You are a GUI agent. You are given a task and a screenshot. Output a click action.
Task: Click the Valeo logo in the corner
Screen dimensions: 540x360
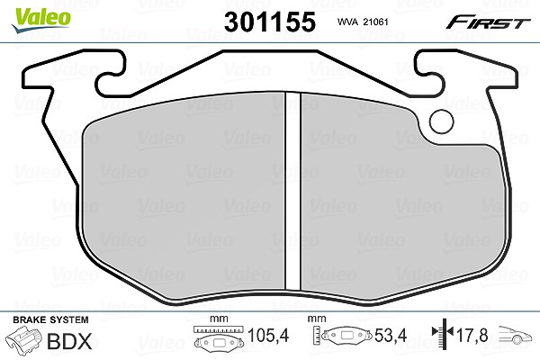click(41, 20)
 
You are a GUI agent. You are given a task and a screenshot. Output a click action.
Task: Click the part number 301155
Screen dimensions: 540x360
click(270, 22)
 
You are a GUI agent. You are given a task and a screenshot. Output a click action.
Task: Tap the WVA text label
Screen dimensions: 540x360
click(348, 22)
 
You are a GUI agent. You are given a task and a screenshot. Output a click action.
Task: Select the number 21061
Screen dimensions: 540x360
click(376, 22)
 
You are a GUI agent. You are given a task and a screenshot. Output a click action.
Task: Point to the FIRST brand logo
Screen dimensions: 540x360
click(489, 22)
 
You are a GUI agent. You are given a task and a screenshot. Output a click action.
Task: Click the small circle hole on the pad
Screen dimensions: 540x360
click(442, 121)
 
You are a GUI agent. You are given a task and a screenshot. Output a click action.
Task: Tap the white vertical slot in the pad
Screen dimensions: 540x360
click(293, 191)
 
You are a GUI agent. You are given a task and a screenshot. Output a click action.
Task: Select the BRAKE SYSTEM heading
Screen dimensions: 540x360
click(50, 319)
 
